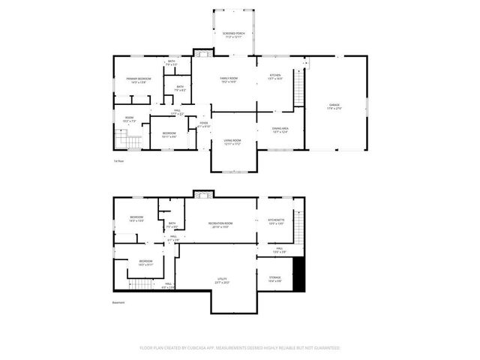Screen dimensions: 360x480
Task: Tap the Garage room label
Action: [x=334, y=106]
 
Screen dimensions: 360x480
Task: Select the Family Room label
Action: [x=229, y=79]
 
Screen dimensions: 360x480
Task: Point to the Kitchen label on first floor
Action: [x=275, y=76]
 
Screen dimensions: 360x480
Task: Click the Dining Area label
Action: [x=280, y=130]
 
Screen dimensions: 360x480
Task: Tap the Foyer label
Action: [x=203, y=124]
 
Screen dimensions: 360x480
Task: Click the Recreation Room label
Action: [x=220, y=224]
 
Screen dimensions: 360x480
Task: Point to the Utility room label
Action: [x=223, y=280]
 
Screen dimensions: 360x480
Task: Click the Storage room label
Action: [x=275, y=278]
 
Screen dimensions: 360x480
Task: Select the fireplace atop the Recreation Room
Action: [x=199, y=195]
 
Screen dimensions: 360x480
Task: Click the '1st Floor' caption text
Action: [x=118, y=161]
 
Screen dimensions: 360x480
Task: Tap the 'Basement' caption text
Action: [x=119, y=303]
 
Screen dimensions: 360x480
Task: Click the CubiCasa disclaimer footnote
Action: [x=240, y=348]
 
